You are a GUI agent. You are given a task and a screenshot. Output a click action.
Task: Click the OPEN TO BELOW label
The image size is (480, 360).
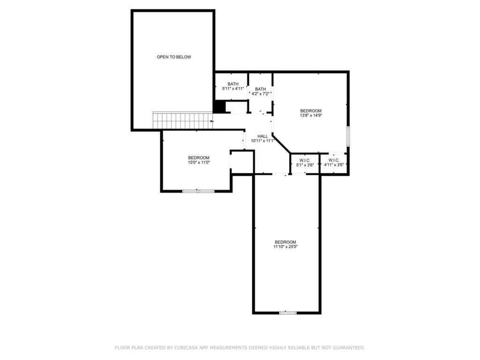coord(174,57)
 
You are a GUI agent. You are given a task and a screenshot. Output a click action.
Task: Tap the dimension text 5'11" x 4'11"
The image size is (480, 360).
coord(233,89)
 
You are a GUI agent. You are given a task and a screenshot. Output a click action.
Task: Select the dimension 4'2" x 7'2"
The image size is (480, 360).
coord(260,94)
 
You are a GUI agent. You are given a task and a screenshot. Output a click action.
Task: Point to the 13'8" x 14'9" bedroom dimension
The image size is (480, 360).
coord(311,115)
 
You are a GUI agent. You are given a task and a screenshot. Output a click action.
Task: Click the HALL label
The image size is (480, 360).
coord(262,136)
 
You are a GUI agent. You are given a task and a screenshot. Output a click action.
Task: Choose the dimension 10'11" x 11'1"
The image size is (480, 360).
coord(262,141)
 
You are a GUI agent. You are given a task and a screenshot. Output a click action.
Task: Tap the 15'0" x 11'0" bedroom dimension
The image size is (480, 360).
coord(199,163)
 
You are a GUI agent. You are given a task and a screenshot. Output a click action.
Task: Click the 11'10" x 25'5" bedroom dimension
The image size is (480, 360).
coord(285,247)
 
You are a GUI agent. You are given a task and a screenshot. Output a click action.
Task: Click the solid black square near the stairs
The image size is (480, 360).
coord(219,107)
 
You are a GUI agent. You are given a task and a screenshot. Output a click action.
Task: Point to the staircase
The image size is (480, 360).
coord(183,120)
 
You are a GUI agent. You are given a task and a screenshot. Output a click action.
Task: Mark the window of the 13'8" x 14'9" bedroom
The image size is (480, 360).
coord(348,135)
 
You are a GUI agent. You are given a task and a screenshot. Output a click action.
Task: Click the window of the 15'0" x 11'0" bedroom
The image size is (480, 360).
coord(198,191)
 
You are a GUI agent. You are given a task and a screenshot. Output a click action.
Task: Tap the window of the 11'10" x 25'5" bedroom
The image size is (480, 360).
coord(288,313)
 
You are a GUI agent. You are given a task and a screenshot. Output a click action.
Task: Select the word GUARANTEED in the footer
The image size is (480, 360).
coord(349,348)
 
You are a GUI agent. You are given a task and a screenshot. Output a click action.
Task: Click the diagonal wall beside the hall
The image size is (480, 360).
coord(281,143)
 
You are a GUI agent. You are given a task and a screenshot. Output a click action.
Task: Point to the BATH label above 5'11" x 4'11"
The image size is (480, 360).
coord(233,84)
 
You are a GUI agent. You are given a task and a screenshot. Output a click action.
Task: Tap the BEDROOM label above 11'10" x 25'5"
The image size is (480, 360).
coord(285,242)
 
